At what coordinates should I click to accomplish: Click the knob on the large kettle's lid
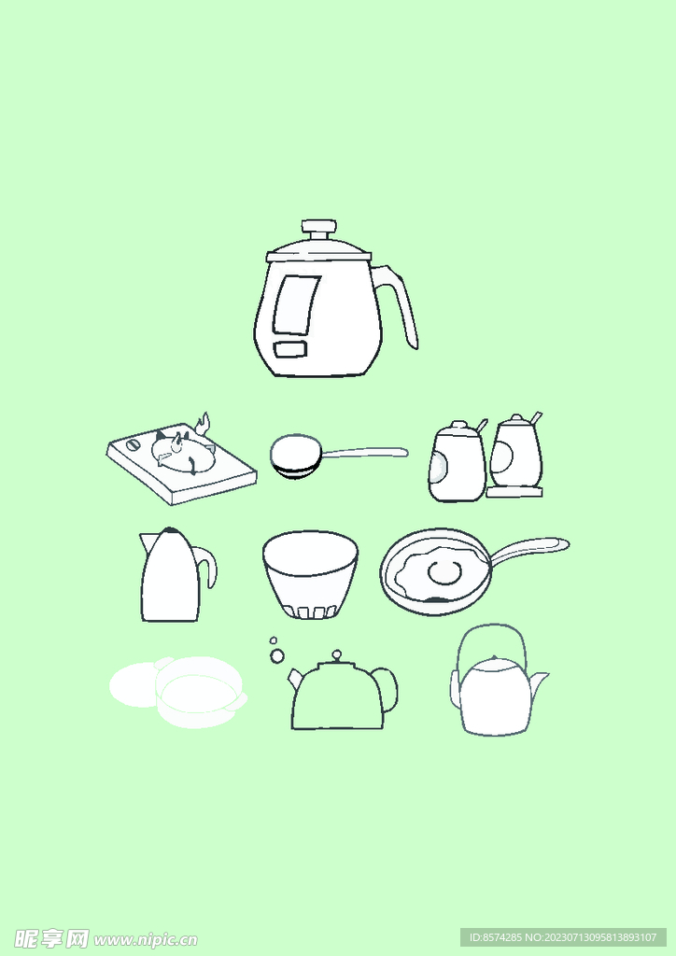click(x=318, y=231)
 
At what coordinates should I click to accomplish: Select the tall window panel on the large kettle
click(x=296, y=305)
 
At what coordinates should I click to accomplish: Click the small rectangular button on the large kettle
click(x=291, y=349)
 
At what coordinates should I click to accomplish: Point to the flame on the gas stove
click(x=203, y=423)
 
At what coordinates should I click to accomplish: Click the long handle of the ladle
click(x=364, y=452)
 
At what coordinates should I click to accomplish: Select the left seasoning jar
click(x=458, y=461)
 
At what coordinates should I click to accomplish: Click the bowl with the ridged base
click(x=310, y=575)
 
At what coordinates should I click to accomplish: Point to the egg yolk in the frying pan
click(x=444, y=573)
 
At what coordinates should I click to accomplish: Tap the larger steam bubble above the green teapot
click(x=277, y=656)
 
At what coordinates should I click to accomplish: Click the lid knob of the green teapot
click(x=336, y=657)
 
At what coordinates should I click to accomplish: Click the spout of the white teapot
click(x=539, y=681)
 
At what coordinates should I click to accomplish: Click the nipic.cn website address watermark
click(x=145, y=939)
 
